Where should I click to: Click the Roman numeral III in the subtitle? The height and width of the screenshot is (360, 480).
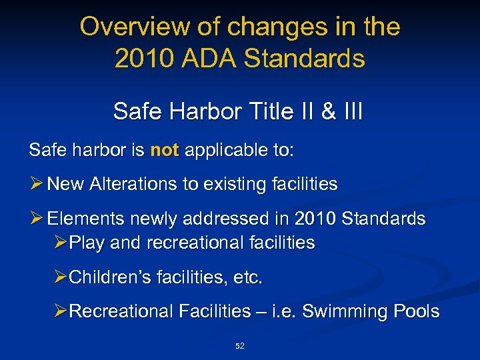point(350,111)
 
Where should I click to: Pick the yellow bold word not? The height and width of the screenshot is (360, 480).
point(165,150)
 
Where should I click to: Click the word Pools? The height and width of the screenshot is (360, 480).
point(415,311)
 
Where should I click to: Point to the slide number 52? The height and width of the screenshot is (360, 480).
point(240,346)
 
